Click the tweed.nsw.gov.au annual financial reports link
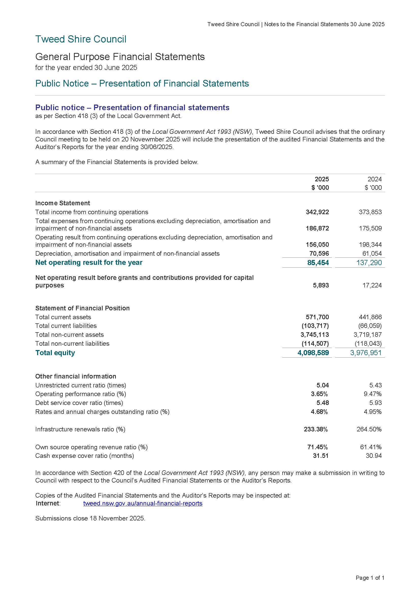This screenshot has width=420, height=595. click(143, 503)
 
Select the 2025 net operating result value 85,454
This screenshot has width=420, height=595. click(318, 263)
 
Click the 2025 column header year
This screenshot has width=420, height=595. click(322, 179)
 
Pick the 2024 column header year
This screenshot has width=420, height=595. click(375, 179)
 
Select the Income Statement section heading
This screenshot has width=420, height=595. click(63, 203)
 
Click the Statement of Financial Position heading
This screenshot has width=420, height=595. click(82, 308)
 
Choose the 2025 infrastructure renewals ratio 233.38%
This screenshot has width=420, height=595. click(316, 429)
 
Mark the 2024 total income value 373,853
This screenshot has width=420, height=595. click(370, 212)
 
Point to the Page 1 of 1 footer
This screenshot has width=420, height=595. click(370, 578)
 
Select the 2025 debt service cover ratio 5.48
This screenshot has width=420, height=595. click(323, 403)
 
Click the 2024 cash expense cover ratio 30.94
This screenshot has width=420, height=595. click(374, 456)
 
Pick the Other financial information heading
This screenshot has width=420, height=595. click(75, 376)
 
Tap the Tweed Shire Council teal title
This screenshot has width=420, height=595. click(81, 39)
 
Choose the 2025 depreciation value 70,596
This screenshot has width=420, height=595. click(319, 253)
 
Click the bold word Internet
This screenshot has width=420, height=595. click(48, 503)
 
